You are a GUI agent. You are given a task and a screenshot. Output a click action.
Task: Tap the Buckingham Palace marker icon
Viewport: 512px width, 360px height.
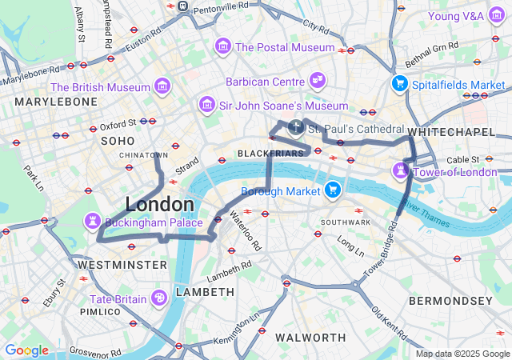click(x=94, y=221)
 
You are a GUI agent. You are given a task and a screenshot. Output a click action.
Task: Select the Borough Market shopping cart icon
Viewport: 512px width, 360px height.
click(x=333, y=190)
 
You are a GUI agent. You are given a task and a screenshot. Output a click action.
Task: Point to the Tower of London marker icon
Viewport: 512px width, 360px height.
click(x=398, y=171)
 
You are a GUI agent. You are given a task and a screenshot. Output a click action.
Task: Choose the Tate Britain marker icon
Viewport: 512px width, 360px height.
click(x=159, y=298)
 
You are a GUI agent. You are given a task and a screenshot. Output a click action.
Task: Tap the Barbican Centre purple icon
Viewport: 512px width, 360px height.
click(x=318, y=82)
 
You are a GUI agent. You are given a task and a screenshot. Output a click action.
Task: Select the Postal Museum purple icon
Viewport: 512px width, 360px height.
click(x=222, y=46)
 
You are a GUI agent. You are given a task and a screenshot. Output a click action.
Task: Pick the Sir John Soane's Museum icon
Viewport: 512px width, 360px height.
click(x=207, y=105)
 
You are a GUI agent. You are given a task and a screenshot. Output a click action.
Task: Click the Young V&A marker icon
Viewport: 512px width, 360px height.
click(x=495, y=16)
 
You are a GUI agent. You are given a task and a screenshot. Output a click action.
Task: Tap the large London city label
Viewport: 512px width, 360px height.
click(x=159, y=204)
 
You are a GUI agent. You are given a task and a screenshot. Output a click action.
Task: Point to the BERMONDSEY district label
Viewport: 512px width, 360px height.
click(x=450, y=301)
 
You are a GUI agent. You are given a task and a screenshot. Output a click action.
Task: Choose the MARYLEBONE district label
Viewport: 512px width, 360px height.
click(x=55, y=102)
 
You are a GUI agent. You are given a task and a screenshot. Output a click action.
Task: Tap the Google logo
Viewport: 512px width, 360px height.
click(x=26, y=350)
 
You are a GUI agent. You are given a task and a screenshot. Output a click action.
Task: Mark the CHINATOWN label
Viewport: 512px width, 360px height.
click(x=143, y=154)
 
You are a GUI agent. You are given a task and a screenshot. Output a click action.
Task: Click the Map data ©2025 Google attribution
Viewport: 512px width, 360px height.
click(x=462, y=354)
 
